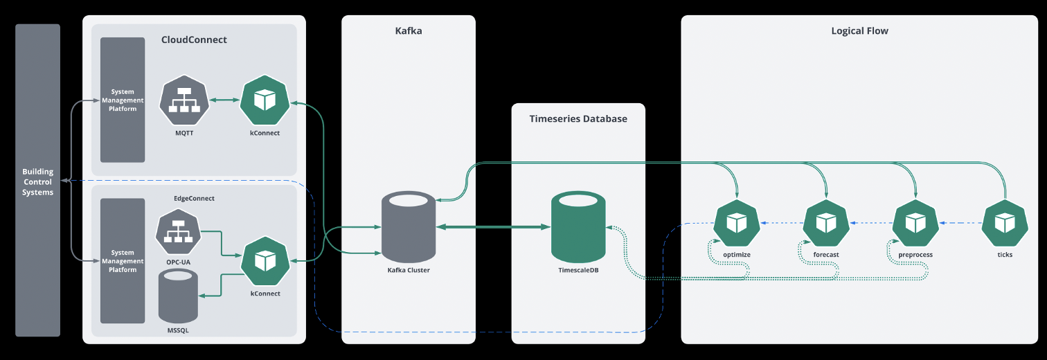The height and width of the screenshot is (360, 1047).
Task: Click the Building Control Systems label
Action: click(37, 182)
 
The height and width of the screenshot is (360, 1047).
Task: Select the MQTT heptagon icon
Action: click(184, 101)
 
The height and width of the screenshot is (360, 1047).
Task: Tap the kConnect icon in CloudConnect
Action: click(265, 101)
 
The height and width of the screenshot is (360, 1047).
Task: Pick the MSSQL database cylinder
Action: click(178, 296)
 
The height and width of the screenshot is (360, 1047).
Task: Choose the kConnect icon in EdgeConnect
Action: click(265, 261)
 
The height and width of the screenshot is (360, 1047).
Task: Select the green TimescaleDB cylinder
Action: click(578, 228)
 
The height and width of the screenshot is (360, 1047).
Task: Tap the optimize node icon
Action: click(736, 223)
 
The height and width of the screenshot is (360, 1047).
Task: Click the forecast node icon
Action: click(826, 223)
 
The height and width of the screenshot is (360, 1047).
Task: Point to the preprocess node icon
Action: click(915, 223)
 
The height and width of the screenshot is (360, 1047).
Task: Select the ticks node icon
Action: click(1005, 223)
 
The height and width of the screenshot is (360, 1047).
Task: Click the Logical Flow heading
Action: click(859, 31)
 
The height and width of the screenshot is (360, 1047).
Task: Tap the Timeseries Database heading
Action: click(578, 119)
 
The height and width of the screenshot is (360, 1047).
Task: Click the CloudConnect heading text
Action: click(194, 40)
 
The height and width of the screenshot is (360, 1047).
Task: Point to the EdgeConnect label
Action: click(194, 199)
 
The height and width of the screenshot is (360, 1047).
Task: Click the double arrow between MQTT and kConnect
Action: click(224, 101)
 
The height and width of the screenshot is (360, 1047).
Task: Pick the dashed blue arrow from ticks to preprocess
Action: click(960, 223)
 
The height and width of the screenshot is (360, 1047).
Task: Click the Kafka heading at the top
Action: click(408, 31)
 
